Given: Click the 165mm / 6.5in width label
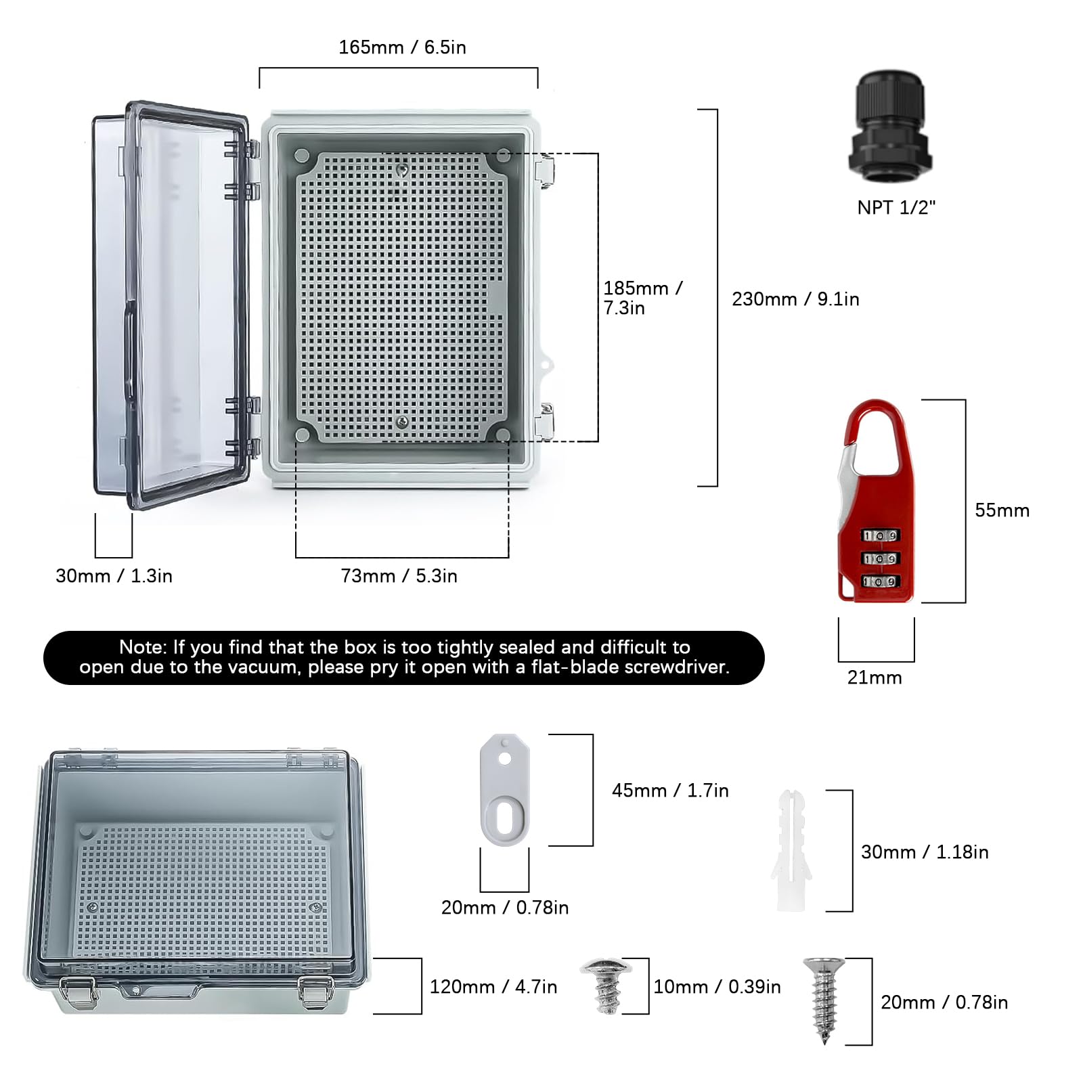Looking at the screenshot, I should coord(402,47).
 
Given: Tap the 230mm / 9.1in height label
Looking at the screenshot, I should coord(795,299).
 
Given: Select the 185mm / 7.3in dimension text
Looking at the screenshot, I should coord(642,298).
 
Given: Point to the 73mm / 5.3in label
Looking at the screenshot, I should coord(399,576).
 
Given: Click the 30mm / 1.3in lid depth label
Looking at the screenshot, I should coord(114,576).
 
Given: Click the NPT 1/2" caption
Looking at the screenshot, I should coord(896,208).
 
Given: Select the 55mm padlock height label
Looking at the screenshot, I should coord(1002,510).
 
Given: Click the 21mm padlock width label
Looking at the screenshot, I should coord(875,678).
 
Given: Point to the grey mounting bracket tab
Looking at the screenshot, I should coord(505,790).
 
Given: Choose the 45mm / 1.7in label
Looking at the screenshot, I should coord(670,791).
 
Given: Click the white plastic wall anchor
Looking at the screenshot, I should coord(791,850).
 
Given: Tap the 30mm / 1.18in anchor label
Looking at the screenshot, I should coord(925,852).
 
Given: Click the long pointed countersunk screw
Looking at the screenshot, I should coord(824,999).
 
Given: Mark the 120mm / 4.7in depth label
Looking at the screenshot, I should coord(493,987).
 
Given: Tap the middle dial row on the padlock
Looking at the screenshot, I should coord(880,559).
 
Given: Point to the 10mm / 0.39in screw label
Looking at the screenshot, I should coord(717,987).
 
